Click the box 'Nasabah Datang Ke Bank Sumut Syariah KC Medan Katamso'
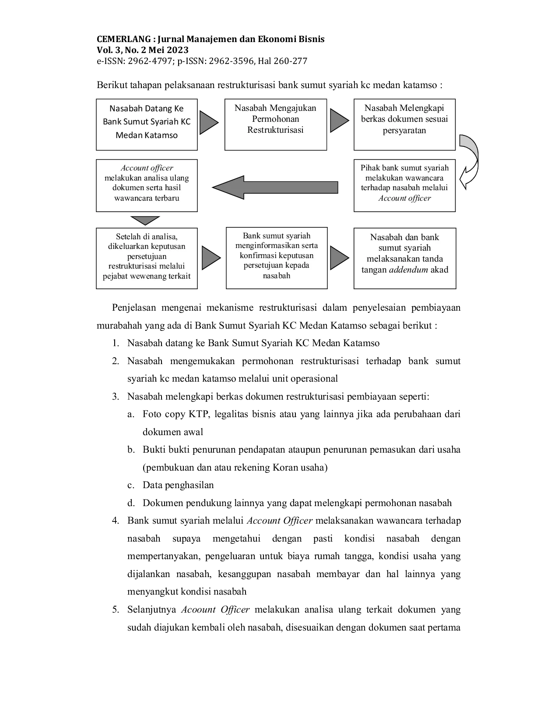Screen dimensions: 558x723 147,124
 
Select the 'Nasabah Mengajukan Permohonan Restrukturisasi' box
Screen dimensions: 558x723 276,124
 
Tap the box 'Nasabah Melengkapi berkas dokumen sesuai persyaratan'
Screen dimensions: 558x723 404,124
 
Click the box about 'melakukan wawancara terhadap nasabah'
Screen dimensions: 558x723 404,185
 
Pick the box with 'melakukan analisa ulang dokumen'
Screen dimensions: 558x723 147,185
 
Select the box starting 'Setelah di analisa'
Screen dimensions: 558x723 147,258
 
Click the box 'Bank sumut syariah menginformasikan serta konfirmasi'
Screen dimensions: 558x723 277,258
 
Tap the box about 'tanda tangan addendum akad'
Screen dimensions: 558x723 405,258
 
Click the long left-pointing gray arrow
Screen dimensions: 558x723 275,187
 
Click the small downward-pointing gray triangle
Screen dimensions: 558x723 145,220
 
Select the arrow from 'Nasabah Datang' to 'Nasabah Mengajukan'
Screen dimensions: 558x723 209,123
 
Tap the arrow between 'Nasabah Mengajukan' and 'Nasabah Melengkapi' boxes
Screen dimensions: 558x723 339,120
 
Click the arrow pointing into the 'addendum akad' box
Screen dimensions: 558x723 339,258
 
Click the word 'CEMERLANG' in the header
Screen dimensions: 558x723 123,39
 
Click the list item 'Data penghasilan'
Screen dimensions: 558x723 178,485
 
